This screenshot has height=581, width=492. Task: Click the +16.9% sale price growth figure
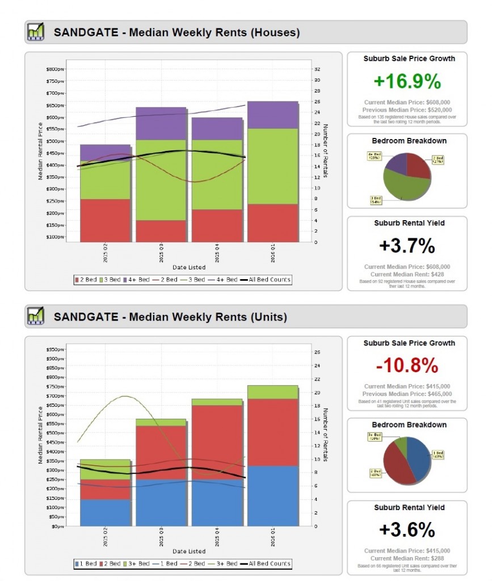pos(407,81)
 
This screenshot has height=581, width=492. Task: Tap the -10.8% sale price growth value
pos(407,365)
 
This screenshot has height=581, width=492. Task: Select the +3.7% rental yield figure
pos(407,246)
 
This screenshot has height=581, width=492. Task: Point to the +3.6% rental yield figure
pos(407,530)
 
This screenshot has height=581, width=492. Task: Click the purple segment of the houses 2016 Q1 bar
pos(273,115)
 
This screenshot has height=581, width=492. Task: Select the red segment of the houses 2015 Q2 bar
pos(106,220)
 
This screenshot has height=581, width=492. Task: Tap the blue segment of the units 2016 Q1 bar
pos(273,495)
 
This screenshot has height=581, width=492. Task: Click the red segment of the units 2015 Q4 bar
pos(217,442)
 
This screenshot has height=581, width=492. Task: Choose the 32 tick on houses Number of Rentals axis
pos(318,69)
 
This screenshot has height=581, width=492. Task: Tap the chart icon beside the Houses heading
pos(35,32)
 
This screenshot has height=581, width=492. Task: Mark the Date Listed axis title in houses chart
pos(189,267)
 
